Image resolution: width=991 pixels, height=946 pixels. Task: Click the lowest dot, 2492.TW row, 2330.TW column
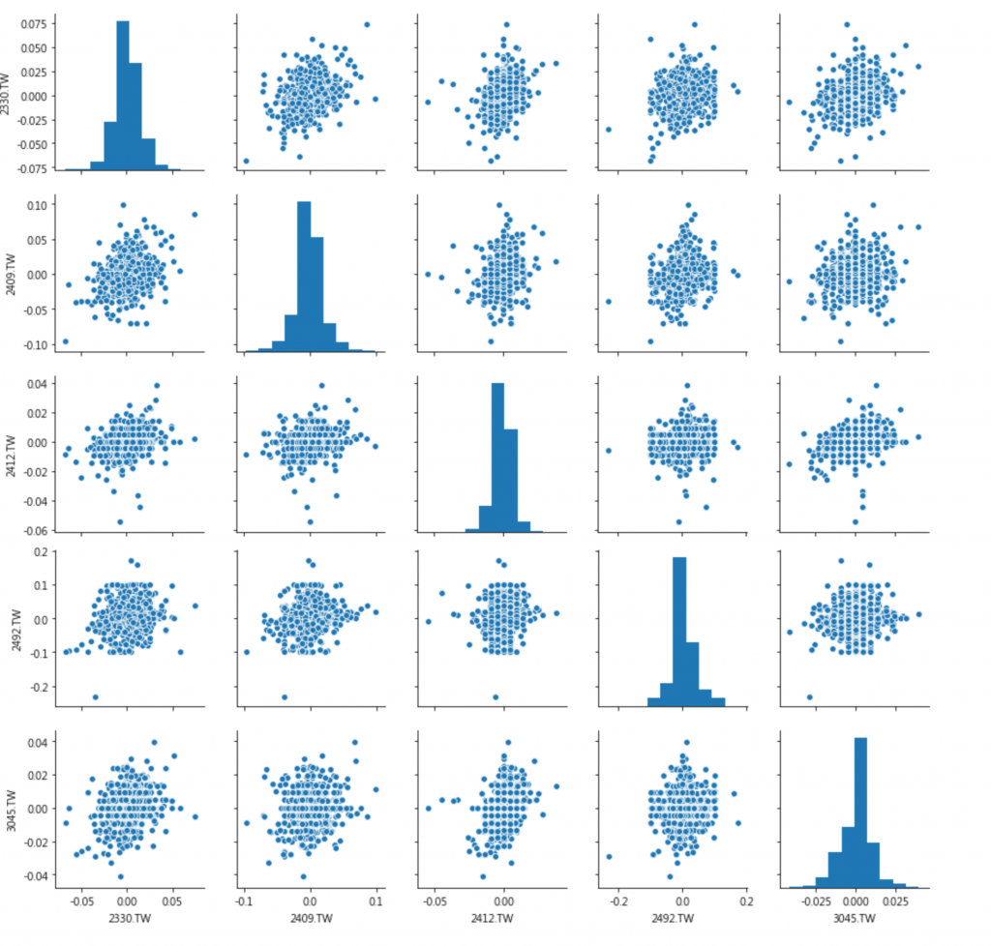click(95, 696)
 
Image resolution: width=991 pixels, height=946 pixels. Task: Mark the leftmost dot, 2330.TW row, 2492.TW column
click(608, 129)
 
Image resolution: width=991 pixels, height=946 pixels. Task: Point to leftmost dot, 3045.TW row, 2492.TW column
click(608, 856)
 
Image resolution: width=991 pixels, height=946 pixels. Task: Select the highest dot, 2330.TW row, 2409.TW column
click(367, 24)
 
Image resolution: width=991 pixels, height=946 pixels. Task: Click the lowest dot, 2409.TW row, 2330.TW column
click(66, 340)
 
